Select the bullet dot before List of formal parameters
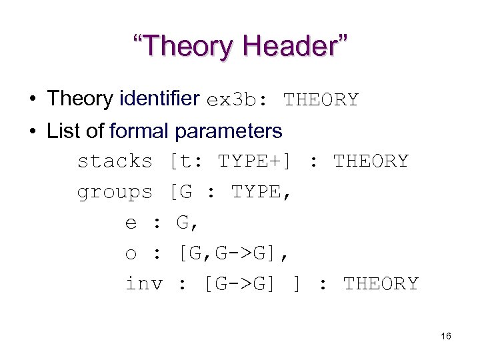[x=31, y=131]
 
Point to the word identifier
[x=160, y=99]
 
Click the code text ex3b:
[x=237, y=101]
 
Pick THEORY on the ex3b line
[x=321, y=101]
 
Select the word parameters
[x=229, y=132]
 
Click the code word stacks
[x=115, y=161]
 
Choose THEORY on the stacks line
[x=371, y=161]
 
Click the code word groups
[x=115, y=193]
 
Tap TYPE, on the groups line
[x=261, y=193]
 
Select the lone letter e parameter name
[x=131, y=223]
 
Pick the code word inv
[x=144, y=284]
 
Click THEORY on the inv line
[x=381, y=284]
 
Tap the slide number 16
[x=446, y=337]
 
